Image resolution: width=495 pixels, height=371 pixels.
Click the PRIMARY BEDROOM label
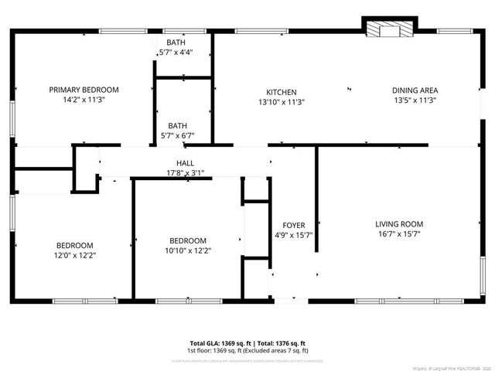click(x=84, y=90)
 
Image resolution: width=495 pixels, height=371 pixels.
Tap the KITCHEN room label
click(x=282, y=92)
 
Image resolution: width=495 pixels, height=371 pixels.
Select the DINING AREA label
click(x=415, y=90)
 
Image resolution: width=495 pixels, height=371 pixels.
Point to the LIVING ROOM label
click(x=399, y=224)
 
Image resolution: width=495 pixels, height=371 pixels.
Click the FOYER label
click(x=293, y=226)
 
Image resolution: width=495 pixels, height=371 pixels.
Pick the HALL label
click(x=185, y=163)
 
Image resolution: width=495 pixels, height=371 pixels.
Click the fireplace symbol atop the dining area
click(x=389, y=29)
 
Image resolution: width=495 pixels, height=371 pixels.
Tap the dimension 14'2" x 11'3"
click(x=84, y=100)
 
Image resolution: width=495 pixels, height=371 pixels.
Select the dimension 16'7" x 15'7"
click(x=399, y=234)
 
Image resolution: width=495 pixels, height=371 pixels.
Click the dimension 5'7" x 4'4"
click(x=176, y=53)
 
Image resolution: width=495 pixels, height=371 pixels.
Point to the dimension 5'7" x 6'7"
click(x=177, y=135)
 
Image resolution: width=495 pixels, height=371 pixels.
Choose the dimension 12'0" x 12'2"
click(x=74, y=255)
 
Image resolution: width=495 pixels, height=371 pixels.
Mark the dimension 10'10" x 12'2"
click(x=188, y=250)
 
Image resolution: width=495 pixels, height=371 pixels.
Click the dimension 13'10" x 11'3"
click(x=282, y=101)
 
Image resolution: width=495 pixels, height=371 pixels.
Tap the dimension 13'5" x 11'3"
click(x=415, y=100)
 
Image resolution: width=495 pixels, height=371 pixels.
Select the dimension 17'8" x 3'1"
click(x=185, y=172)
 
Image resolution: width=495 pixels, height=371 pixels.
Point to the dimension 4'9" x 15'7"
click(x=293, y=235)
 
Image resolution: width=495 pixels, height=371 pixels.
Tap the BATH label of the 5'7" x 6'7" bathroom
click(x=177, y=125)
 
